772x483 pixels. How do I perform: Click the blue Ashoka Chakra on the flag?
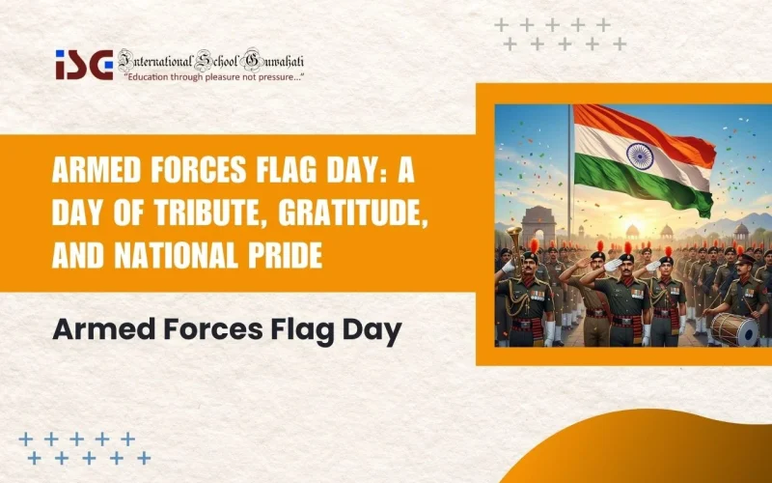tap(639, 155)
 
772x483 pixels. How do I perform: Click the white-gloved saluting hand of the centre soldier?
tap(614, 264)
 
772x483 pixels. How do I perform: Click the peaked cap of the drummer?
tap(744, 259)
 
